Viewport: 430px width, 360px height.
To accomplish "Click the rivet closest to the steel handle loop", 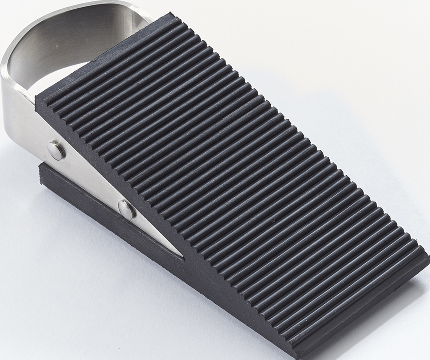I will click(x=57, y=150).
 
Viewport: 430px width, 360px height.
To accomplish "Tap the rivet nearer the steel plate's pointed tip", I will click(x=126, y=209).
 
